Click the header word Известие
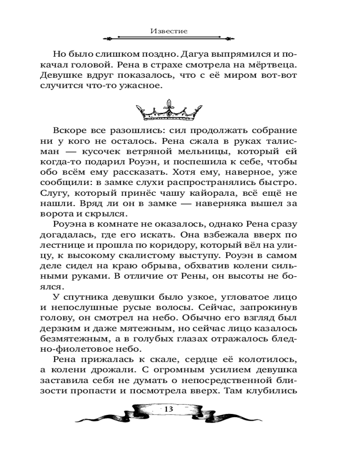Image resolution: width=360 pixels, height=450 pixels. (169, 31)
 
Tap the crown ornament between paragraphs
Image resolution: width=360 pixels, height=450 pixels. (169, 111)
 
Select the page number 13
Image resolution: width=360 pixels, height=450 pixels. (169, 409)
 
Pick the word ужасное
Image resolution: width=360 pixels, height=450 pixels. (137, 85)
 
